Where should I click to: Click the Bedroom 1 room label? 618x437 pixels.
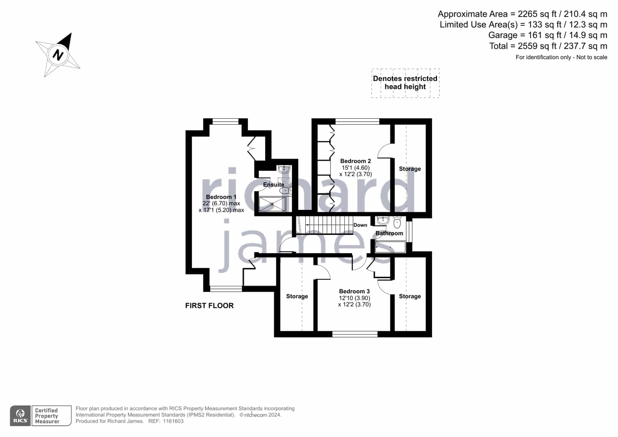click(221, 197)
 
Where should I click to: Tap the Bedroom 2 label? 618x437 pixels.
click(355, 161)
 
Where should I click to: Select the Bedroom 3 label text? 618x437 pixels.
click(354, 291)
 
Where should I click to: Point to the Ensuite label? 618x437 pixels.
click(273, 185)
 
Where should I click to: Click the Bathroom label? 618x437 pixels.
click(389, 233)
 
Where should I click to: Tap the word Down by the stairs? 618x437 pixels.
click(360, 225)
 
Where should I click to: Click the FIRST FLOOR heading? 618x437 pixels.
click(209, 306)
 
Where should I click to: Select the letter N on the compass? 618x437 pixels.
click(58, 55)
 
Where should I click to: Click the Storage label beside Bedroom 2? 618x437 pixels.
click(410, 169)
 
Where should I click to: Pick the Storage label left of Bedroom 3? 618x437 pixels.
click(297, 296)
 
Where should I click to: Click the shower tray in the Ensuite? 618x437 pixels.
click(272, 204)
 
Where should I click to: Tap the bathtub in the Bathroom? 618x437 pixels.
click(390, 247)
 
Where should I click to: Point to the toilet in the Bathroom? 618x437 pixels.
click(397, 222)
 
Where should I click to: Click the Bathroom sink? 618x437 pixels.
click(383, 220)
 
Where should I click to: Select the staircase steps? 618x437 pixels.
click(325, 225)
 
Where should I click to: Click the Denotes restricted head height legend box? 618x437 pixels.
click(405, 83)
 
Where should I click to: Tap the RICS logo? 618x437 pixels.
click(20, 416)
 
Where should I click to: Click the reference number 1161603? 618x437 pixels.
click(173, 421)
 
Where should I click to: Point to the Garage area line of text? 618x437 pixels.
click(548, 35)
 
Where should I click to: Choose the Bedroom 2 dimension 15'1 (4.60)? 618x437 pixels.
click(355, 168)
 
